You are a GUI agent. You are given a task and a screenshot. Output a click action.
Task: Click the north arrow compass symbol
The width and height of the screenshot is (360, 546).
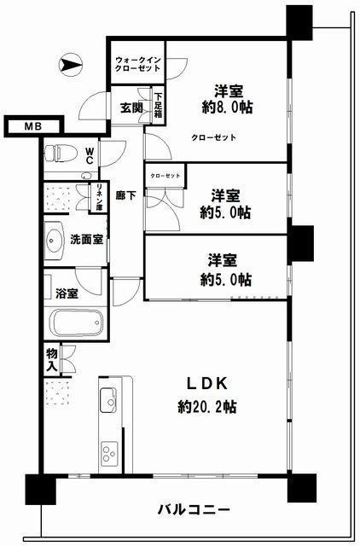click(71, 65)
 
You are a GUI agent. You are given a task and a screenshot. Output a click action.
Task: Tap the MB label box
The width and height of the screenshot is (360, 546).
click(34, 126)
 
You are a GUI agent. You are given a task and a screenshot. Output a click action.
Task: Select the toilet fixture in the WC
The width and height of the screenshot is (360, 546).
click(61, 153)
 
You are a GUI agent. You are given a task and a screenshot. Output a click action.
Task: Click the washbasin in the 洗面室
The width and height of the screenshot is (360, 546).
click(54, 241)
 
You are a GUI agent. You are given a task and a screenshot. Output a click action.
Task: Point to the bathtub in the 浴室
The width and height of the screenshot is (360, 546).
click(76, 322)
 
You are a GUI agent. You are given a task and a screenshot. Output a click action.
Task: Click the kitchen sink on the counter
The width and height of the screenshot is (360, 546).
click(108, 400)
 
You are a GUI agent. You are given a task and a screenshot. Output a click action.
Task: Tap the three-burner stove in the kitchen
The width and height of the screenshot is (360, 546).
click(109, 453)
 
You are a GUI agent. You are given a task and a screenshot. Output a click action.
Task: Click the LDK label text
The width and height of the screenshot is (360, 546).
click(207, 383)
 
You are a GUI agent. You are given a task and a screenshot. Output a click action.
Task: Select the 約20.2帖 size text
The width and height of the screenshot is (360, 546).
click(207, 406)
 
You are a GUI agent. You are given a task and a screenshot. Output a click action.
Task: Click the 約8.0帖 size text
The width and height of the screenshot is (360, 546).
click(228, 107)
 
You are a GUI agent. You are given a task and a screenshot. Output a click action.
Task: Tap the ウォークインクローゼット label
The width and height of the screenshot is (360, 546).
click(138, 64)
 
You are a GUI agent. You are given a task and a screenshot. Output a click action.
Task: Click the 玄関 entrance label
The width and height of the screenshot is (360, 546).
click(131, 108)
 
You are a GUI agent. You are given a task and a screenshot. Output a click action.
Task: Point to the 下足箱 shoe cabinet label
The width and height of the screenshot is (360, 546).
click(159, 105)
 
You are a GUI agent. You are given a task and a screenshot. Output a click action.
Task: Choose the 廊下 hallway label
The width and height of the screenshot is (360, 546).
click(125, 195)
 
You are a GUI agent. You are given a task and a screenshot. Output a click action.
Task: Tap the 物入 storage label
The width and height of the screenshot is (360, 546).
click(52, 360)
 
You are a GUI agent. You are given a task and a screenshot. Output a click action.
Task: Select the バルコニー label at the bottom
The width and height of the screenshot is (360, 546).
click(194, 510)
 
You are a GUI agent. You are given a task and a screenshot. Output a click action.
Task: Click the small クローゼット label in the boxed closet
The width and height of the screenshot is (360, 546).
click(165, 176)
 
